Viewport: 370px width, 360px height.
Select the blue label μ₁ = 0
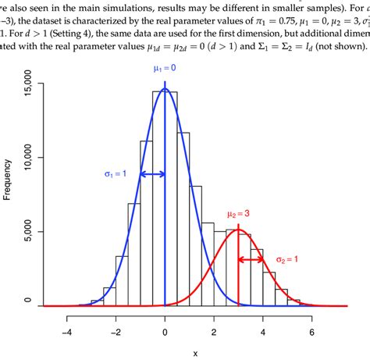(165, 70)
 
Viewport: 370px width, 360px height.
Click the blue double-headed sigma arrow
(153, 173)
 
